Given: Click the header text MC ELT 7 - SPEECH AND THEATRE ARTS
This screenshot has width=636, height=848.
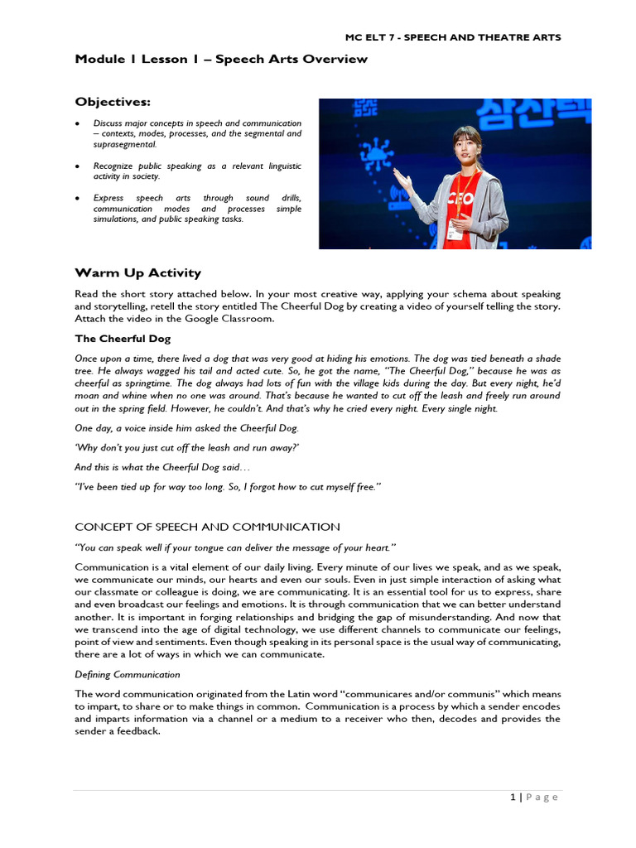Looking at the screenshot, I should (452, 37).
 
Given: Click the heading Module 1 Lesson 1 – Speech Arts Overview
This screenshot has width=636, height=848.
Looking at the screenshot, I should (221, 60).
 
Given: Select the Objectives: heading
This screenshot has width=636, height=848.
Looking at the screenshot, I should (113, 102).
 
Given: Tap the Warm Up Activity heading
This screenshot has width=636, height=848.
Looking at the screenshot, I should (137, 273).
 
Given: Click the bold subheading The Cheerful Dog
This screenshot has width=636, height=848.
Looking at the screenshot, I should (123, 339).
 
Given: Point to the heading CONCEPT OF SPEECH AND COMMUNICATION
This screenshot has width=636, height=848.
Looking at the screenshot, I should (207, 527).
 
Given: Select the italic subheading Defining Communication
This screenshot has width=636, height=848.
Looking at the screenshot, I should (128, 674).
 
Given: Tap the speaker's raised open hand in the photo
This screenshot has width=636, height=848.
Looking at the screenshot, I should (403, 176).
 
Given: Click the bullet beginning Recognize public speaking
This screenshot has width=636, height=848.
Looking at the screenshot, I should (196, 171).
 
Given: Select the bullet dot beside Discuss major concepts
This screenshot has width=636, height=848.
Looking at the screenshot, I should (77, 123).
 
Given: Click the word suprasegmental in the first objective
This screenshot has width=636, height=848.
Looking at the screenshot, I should (124, 144).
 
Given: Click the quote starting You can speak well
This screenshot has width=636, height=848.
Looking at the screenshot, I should (236, 547).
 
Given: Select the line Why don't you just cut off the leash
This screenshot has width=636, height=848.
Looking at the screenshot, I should (187, 447).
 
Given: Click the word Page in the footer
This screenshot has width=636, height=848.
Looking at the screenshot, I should (542, 797).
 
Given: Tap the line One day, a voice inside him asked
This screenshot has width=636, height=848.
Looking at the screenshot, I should (187, 427).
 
